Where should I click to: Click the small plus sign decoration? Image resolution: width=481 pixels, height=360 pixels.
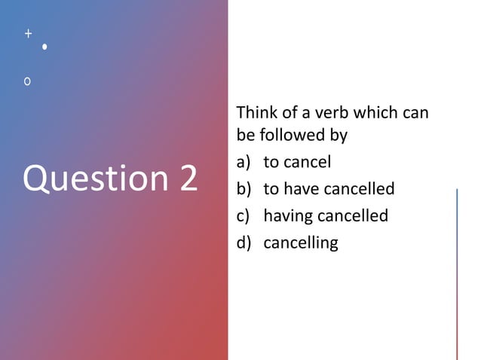tap(28, 34)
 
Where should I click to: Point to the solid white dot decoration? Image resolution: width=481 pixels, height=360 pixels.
tap(45, 47)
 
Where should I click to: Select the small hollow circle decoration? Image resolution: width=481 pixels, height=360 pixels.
tap(28, 80)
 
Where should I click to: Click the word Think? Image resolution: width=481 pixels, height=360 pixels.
tap(256, 113)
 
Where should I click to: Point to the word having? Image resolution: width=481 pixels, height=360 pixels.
tap(287, 217)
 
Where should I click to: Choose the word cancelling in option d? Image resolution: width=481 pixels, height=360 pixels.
tap(301, 243)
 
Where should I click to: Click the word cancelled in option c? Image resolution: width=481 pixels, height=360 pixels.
tap(352, 216)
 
